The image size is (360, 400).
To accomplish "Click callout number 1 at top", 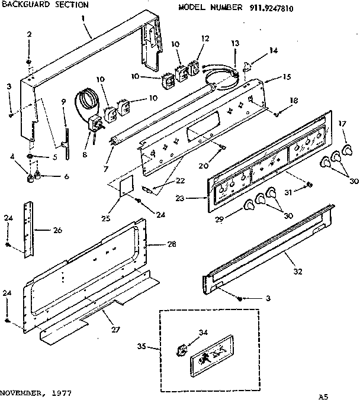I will click(x=85, y=19).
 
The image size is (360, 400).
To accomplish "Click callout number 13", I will click(x=235, y=44).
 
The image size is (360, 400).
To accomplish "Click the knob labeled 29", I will click(x=249, y=205).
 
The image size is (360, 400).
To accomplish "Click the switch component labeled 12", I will click(x=194, y=68).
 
